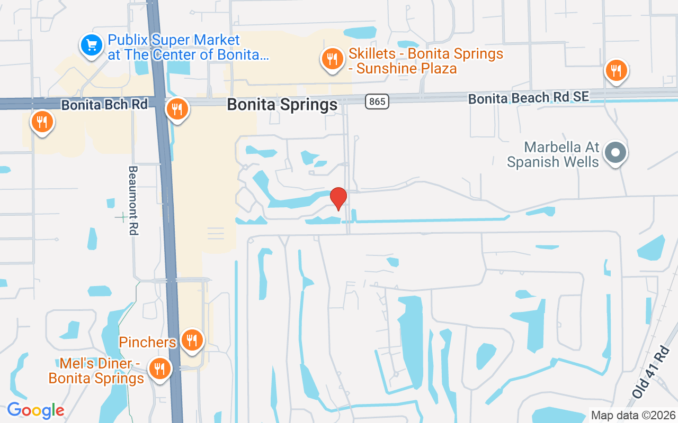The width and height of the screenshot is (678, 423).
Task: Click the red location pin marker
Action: pyautogui.click(x=338, y=198)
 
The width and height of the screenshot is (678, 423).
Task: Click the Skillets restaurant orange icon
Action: pyautogui.click(x=332, y=59)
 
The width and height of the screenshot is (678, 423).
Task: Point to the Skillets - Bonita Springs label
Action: pyautogui.click(x=426, y=61)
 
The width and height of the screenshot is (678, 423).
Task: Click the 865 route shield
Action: pyautogui.click(x=377, y=101)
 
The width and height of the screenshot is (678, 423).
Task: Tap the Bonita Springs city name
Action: pyautogui.click(x=282, y=105)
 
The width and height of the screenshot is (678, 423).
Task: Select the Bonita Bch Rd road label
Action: pyautogui.click(x=104, y=105)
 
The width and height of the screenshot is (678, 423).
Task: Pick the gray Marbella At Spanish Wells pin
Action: pyautogui.click(x=615, y=153)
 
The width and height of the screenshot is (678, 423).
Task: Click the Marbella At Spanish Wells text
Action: pyautogui.click(x=553, y=154)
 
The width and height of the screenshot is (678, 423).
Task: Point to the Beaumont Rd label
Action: pyautogui.click(x=133, y=200)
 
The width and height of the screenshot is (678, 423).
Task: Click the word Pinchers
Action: pyautogui.click(x=147, y=342)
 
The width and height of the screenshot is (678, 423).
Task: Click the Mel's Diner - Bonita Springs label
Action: pyautogui.click(x=96, y=371)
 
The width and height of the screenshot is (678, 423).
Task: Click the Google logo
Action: pyautogui.click(x=35, y=410)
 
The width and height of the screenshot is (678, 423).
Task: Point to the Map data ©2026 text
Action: pyautogui.click(x=634, y=415)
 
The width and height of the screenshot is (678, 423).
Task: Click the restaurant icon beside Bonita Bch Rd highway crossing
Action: pyautogui.click(x=177, y=109)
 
